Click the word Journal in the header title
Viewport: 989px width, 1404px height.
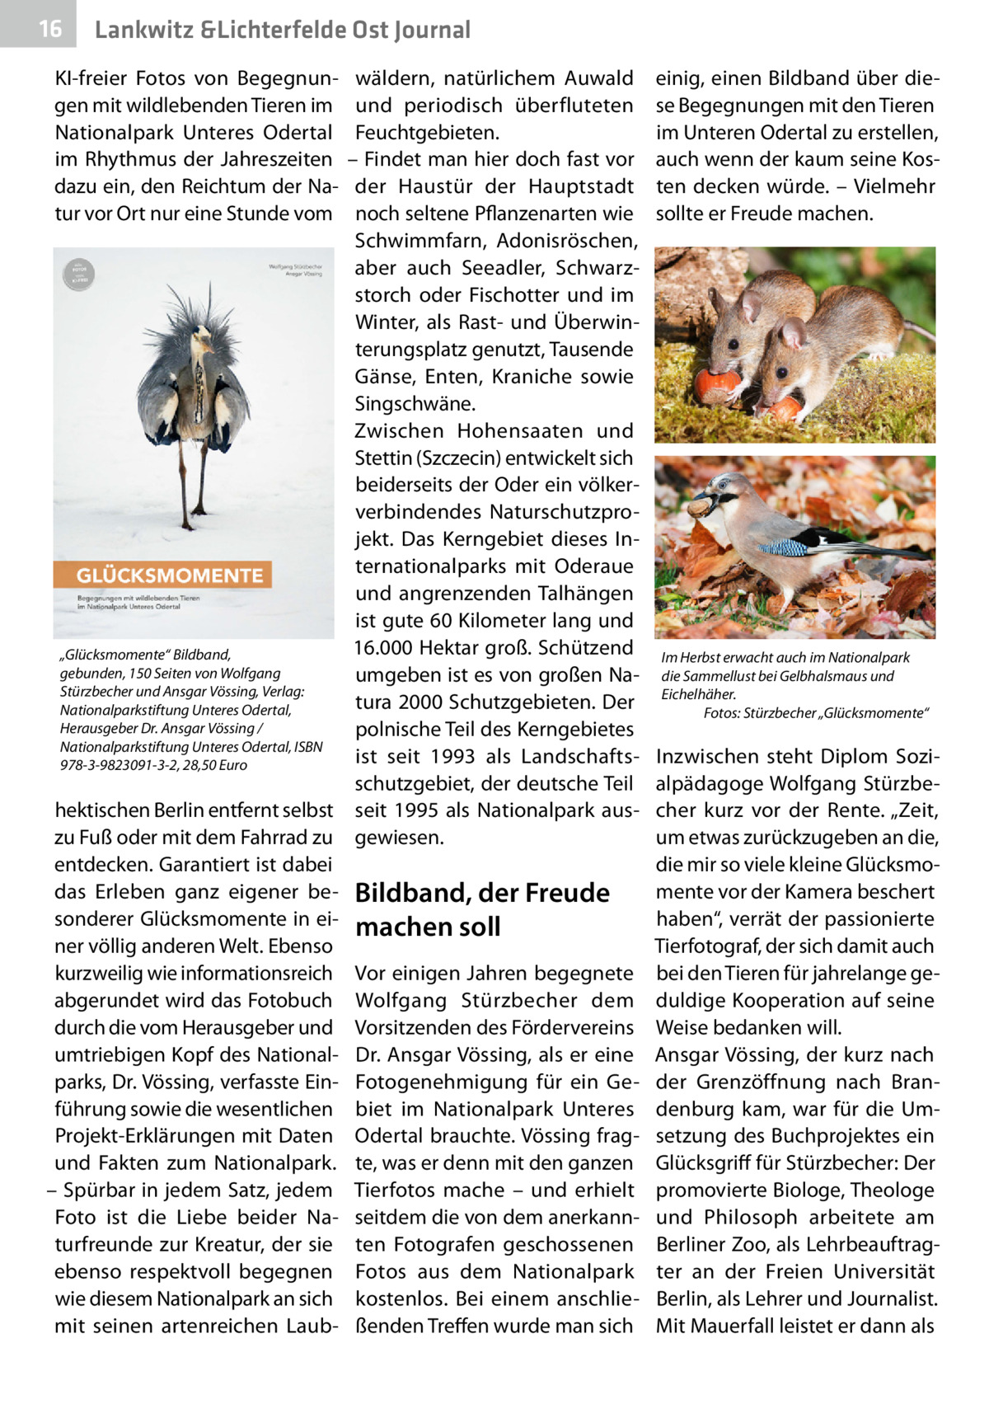pos(429,31)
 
